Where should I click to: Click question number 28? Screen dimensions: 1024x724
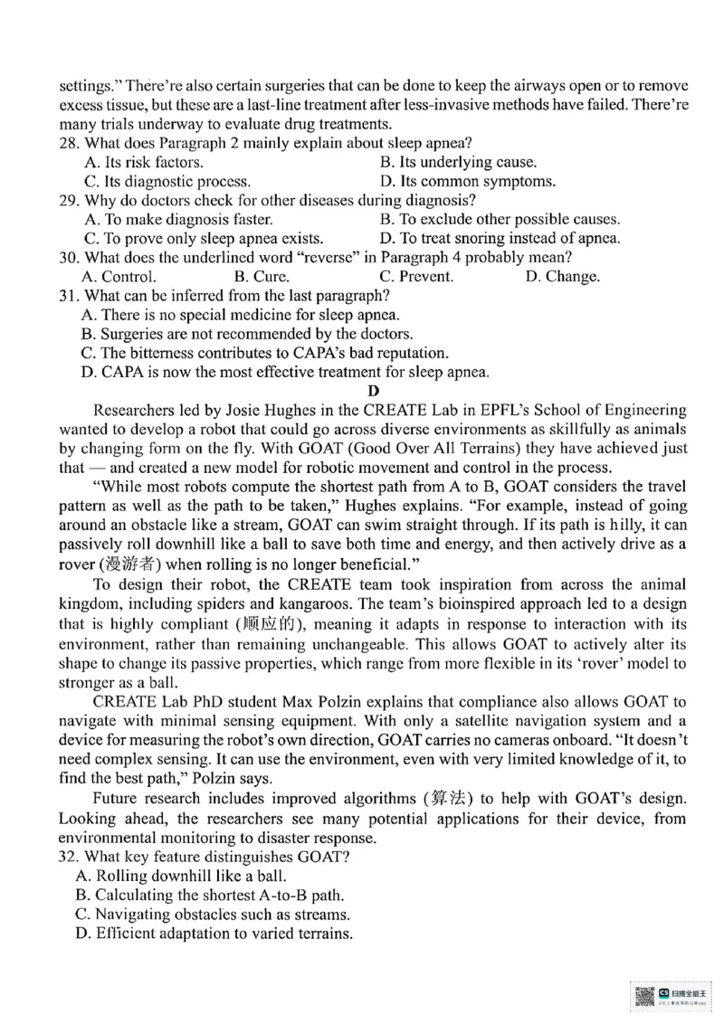[71, 143]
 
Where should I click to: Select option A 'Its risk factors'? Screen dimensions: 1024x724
[143, 162]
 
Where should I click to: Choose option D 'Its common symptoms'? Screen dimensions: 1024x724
[467, 181]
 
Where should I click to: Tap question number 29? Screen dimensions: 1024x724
[71, 200]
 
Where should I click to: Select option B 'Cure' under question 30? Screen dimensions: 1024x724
[262, 277]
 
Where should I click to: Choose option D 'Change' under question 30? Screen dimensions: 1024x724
[562, 277]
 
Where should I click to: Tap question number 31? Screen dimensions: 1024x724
[71, 296]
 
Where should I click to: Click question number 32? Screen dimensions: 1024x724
[71, 856]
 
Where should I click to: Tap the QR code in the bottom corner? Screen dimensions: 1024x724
[643, 996]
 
